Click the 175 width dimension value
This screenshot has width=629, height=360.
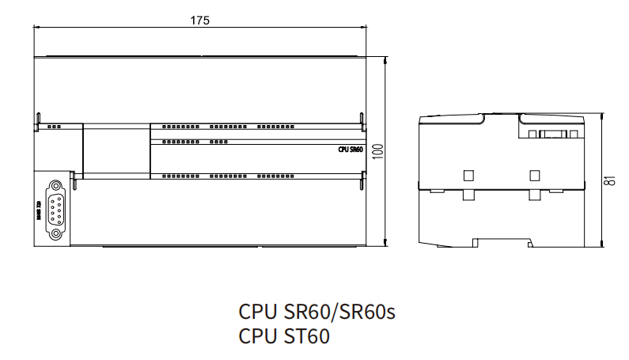tap(199, 21)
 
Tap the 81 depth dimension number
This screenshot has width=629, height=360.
tap(609, 179)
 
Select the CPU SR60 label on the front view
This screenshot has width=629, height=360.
tap(350, 148)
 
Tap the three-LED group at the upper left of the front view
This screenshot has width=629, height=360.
tap(54, 127)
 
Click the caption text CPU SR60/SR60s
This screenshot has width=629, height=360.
tap(316, 311)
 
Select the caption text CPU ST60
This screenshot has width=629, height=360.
tap(283, 337)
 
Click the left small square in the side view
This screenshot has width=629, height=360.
tap(468, 174)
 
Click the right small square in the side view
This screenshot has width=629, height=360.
tap(535, 174)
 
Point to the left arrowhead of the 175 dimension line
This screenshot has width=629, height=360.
tap(36, 28)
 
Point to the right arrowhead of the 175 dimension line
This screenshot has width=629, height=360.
tap(365, 28)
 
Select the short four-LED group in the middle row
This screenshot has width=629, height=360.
tap(219, 142)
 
